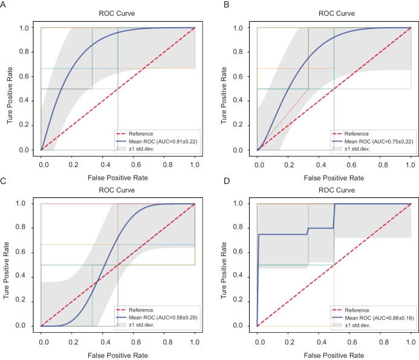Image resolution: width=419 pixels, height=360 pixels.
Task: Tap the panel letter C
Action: [x=4, y=181]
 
